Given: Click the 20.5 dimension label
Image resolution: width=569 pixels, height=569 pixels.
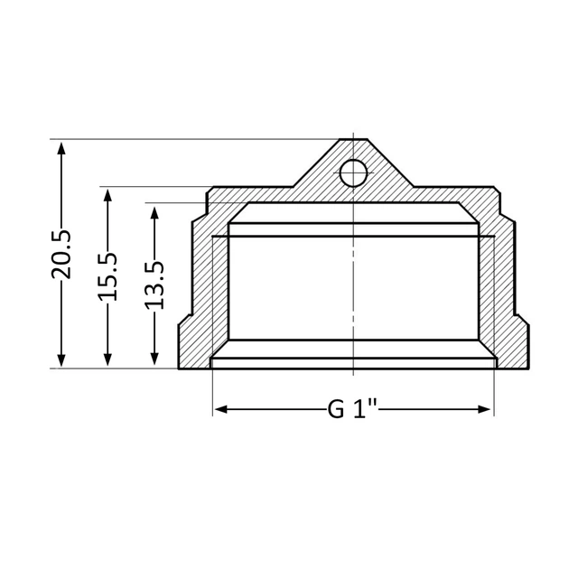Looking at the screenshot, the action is click(x=61, y=255).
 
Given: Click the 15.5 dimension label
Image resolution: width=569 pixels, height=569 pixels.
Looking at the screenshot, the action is click(x=107, y=277).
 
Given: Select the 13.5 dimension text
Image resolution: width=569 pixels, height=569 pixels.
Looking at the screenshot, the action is click(x=154, y=285).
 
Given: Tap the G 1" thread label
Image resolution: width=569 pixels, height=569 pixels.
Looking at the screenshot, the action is click(x=353, y=409).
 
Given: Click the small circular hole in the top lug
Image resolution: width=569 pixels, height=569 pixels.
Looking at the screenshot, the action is click(x=353, y=173).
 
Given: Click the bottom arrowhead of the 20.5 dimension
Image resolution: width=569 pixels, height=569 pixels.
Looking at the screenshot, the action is click(x=61, y=359).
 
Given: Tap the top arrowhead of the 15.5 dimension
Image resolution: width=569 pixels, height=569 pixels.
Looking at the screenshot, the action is click(x=107, y=196).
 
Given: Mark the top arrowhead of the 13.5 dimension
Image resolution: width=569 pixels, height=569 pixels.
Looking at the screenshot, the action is click(x=154, y=213).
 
